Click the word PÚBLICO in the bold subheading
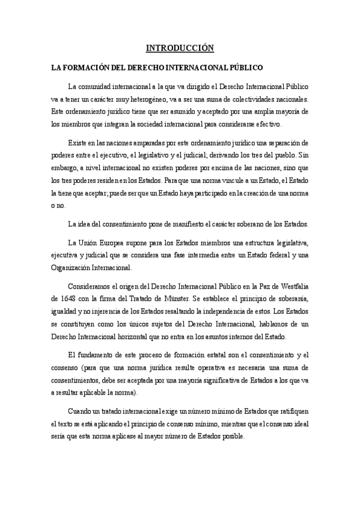(245, 69)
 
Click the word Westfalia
(292, 284)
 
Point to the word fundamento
(101, 354)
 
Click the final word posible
(233, 437)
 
